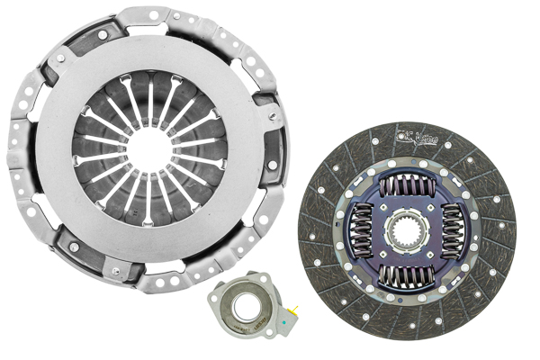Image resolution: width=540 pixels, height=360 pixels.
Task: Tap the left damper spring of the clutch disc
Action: (361, 231)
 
